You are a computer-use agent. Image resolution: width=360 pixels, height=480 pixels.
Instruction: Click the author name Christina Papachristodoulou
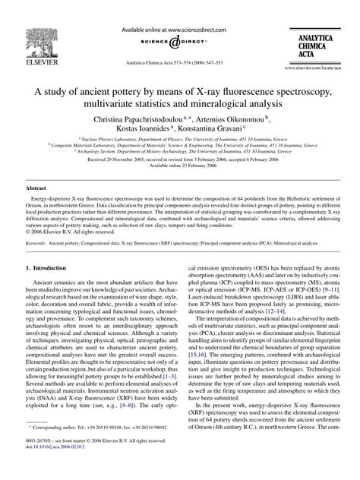pos(134,121)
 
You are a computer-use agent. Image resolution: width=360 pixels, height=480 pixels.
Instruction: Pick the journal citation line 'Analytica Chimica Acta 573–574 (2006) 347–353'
pos(180,64)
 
